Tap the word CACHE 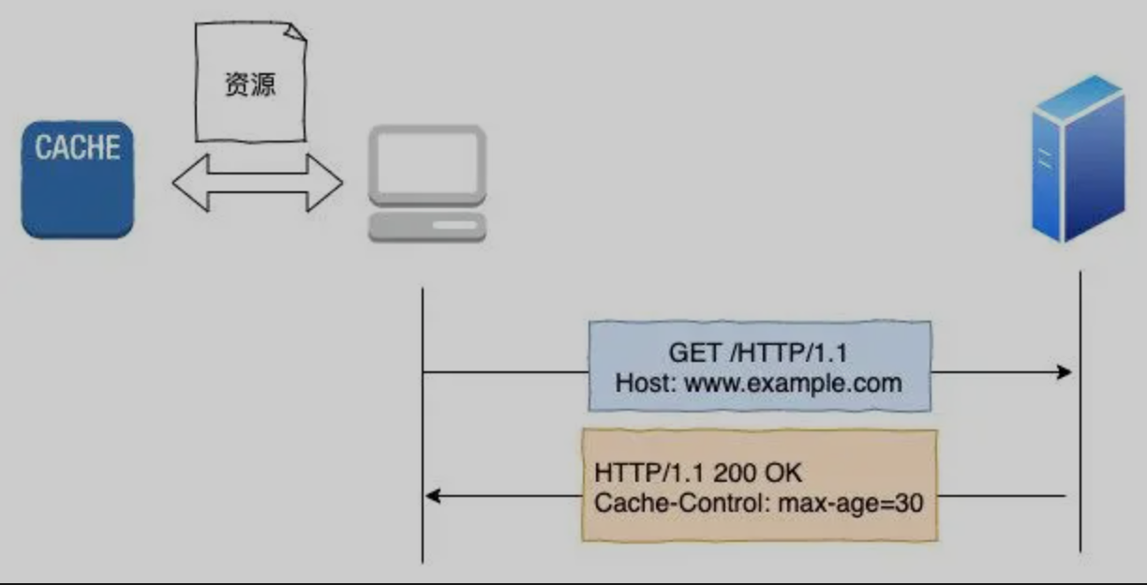point(78,148)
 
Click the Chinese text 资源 point(251,83)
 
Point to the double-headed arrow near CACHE point(258,184)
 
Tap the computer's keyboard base point(427,228)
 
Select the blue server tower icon point(1078,159)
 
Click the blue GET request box point(759,366)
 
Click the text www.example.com point(793,382)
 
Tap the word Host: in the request point(646,382)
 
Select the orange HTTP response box point(759,485)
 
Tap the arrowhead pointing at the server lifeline point(1064,372)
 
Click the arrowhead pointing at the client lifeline point(434,495)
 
